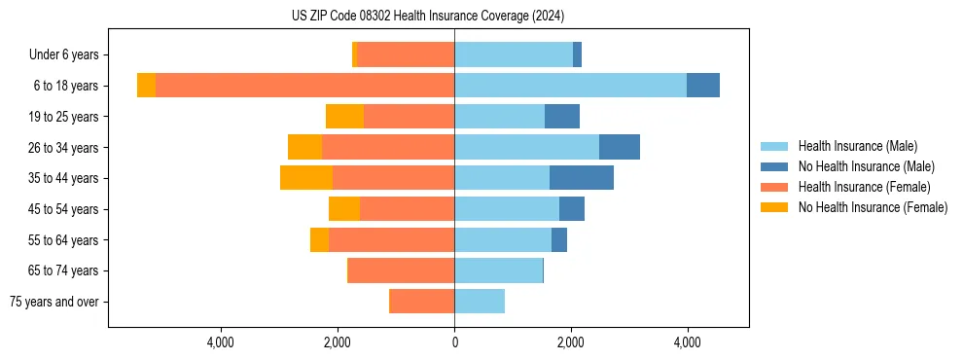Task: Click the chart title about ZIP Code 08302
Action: coord(427,17)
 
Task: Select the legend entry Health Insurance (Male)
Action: coord(857,147)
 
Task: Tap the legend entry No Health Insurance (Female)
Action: coord(873,207)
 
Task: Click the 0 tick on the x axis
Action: coord(454,343)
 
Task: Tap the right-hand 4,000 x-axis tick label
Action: coord(688,343)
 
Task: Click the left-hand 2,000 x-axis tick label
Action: coord(338,343)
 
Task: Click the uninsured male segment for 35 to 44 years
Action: coord(582,178)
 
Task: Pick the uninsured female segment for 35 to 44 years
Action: coord(306,178)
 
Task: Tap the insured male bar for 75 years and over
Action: coord(480,302)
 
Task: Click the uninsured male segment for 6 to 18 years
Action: coord(703,86)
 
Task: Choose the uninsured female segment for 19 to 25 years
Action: coord(344,117)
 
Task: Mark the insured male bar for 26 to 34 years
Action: coord(526,147)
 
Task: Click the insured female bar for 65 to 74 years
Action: coord(402,270)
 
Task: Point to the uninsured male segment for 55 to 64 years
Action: coord(559,239)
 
